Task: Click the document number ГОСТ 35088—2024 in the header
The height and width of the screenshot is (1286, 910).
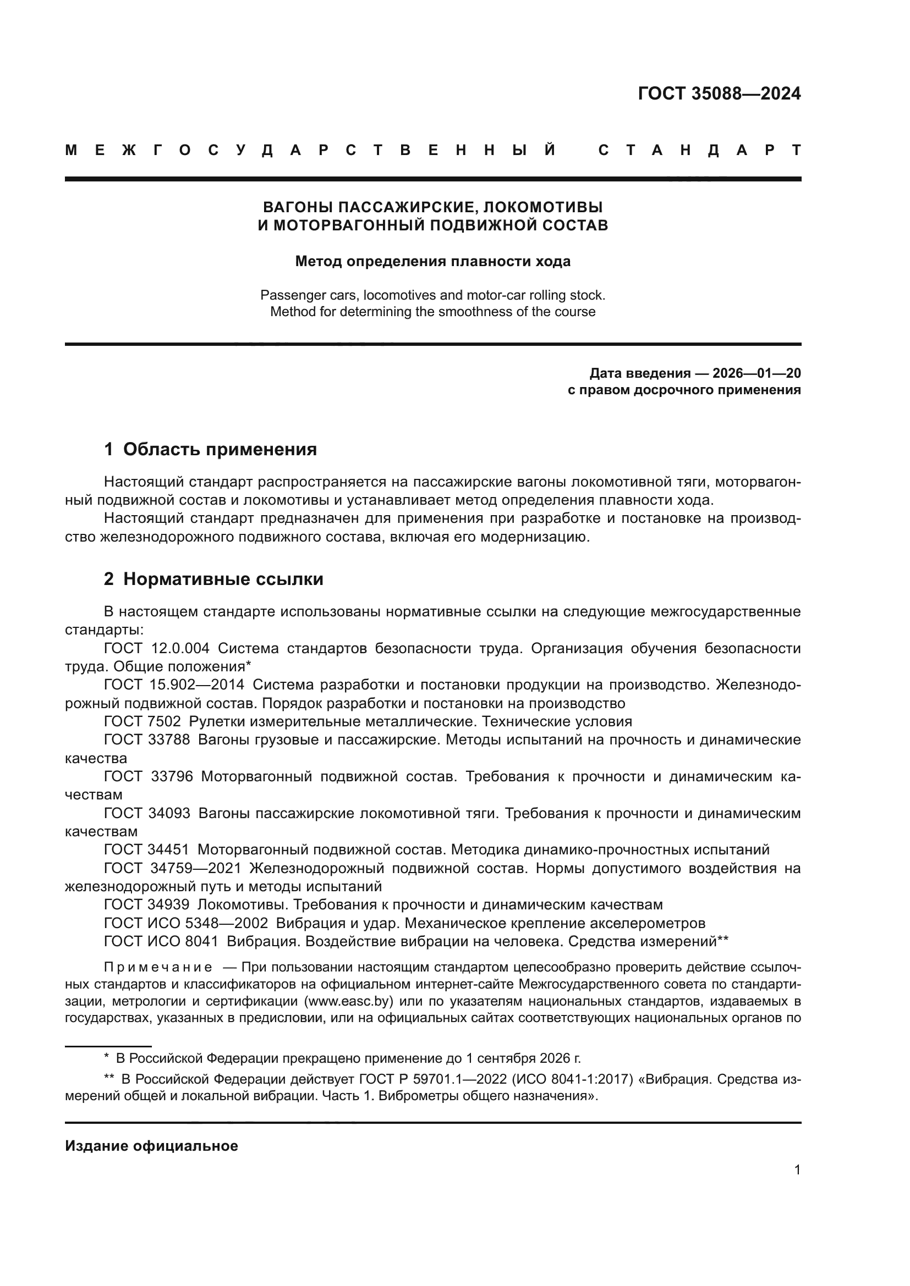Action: coord(719,93)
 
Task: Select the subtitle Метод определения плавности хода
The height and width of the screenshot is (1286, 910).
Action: coord(432,261)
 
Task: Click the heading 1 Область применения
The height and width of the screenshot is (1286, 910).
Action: coord(210,449)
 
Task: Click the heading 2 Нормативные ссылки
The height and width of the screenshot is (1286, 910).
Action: coord(213,579)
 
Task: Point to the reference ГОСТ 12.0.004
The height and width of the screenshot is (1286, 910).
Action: coord(157,649)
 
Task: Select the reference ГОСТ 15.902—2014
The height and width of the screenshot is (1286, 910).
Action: coord(174,685)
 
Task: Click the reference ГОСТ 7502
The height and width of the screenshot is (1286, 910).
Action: coord(142,721)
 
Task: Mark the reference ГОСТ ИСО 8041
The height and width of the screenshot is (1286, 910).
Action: coord(161,941)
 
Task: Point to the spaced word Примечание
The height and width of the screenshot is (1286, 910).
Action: coord(158,967)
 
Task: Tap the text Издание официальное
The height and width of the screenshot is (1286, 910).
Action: coord(151,1146)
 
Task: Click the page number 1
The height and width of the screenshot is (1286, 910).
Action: coord(797,1170)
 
